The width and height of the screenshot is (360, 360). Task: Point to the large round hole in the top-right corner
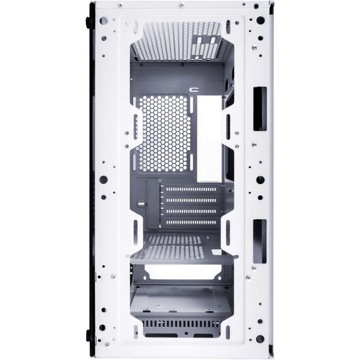260,20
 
